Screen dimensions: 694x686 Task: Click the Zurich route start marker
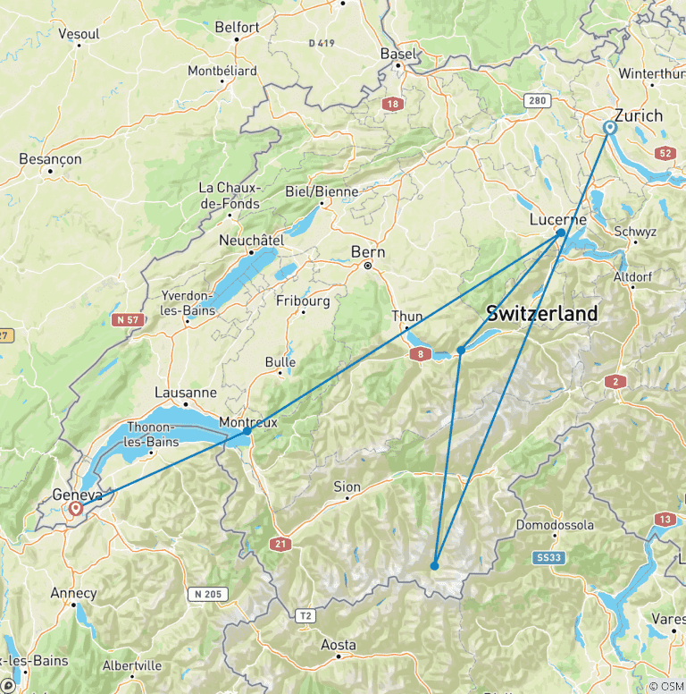click(x=610, y=128)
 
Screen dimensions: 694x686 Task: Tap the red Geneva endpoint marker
click(x=76, y=509)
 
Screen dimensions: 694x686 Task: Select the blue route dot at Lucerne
click(x=561, y=233)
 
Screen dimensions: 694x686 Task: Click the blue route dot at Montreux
click(x=247, y=431)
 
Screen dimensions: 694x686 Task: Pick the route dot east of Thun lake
click(x=461, y=350)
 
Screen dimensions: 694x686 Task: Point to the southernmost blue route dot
click(x=434, y=565)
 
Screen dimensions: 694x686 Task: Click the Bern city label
click(x=368, y=251)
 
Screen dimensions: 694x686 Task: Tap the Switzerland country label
click(x=541, y=314)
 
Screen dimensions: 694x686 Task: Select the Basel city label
click(x=398, y=54)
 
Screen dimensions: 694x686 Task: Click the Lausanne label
click(x=186, y=393)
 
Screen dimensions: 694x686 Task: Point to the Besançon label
click(x=50, y=159)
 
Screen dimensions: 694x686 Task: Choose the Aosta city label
click(x=338, y=645)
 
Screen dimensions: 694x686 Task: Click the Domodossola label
click(x=555, y=525)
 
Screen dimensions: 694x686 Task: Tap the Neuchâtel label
click(x=251, y=241)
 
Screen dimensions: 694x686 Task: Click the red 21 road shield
click(x=282, y=544)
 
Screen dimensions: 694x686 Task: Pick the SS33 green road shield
click(x=550, y=558)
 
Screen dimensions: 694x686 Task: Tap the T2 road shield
click(x=305, y=615)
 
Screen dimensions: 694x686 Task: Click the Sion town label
click(x=347, y=487)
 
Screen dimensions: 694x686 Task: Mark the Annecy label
click(x=73, y=593)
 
